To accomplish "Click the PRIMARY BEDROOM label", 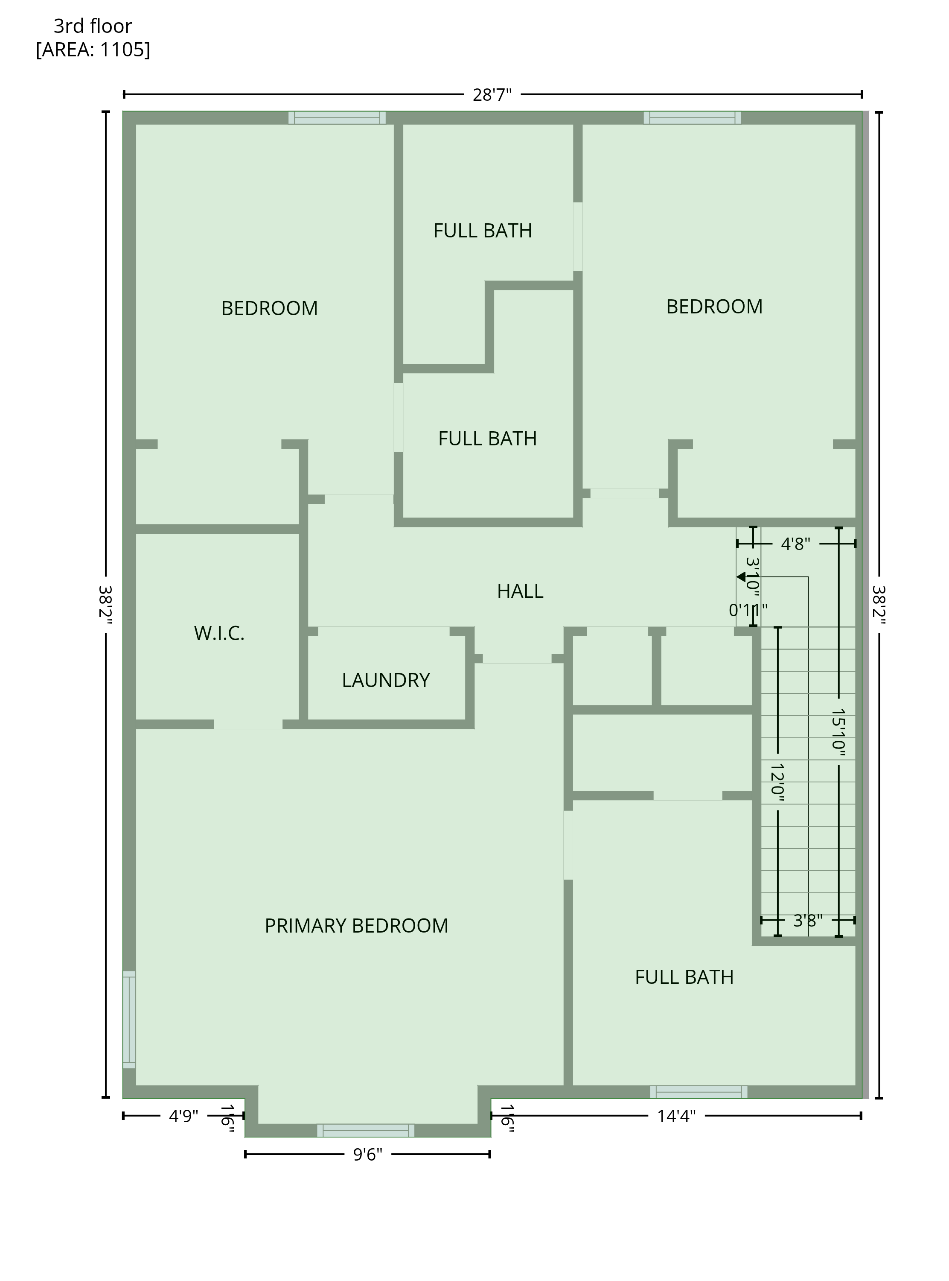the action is (x=356, y=926).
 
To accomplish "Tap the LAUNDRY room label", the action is (x=385, y=681).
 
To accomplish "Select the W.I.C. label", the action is (x=219, y=633).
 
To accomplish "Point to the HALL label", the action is (x=520, y=591).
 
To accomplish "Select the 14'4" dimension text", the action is (x=676, y=1116).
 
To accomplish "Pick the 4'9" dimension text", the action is (x=183, y=1116).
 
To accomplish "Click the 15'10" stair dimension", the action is (x=839, y=732).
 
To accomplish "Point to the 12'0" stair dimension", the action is (x=778, y=782).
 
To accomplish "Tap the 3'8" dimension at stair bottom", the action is (x=808, y=921).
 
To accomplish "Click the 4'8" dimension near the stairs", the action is (x=796, y=544).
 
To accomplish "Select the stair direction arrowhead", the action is (x=741, y=576).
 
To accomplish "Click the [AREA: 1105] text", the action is (x=93, y=50).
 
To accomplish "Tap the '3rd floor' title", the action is (x=93, y=26).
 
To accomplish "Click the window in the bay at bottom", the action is (x=366, y=1130).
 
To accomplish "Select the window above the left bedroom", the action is (x=337, y=118).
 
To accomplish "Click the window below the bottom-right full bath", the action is (x=699, y=1092).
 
